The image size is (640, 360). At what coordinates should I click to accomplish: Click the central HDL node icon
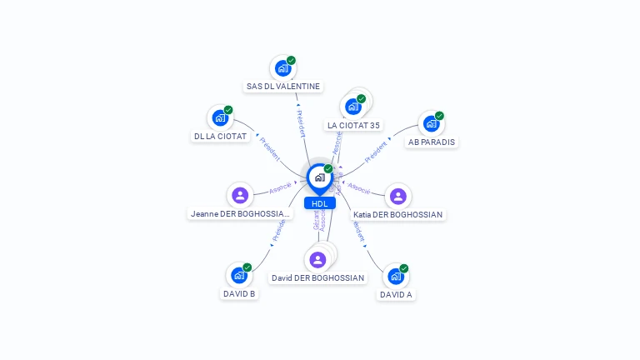(319, 177)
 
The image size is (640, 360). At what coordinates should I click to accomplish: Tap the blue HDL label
(319, 203)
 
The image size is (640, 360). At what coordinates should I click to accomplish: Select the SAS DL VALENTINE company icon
(282, 68)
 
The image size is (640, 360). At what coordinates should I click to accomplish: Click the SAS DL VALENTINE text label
(283, 86)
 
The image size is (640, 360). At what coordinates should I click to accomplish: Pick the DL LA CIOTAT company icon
(220, 117)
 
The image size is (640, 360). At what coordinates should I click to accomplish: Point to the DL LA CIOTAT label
(221, 136)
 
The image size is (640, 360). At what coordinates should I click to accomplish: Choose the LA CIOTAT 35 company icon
(353, 107)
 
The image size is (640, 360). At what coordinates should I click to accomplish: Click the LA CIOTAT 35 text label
(353, 125)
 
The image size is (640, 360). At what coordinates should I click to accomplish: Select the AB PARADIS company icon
(431, 123)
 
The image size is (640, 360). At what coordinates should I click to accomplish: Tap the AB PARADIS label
(432, 142)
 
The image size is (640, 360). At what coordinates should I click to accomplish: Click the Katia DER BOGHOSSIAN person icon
(398, 196)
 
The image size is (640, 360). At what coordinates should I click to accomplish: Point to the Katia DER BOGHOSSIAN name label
(398, 214)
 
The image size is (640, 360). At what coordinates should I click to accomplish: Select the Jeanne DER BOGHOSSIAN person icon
(240, 195)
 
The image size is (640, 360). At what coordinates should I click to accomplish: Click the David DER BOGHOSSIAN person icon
(317, 259)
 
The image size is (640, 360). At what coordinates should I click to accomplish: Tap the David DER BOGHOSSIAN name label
(318, 277)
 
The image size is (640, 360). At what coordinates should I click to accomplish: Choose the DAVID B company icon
(239, 275)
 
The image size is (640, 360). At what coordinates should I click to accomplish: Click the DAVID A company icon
(396, 276)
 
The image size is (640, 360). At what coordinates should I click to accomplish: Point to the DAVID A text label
(396, 294)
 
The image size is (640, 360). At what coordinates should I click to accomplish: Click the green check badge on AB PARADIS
(439, 116)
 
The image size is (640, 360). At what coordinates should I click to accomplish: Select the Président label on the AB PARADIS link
(376, 151)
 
